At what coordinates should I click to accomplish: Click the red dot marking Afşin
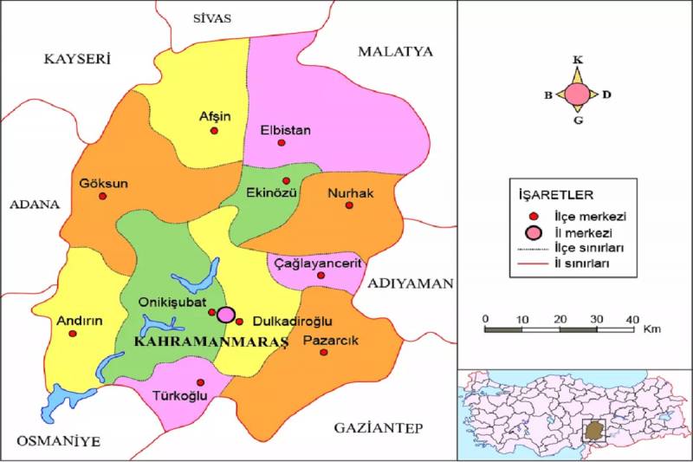click(214, 131)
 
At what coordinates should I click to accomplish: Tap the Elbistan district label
click(285, 130)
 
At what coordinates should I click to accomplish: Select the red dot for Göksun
click(102, 197)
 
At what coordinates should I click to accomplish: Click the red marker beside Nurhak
click(349, 205)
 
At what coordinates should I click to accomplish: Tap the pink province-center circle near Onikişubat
click(225, 315)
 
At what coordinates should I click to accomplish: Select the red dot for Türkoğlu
click(201, 382)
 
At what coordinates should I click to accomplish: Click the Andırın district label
click(80, 320)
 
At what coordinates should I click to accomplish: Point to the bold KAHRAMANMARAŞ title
click(211, 342)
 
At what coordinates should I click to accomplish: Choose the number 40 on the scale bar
click(633, 317)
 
